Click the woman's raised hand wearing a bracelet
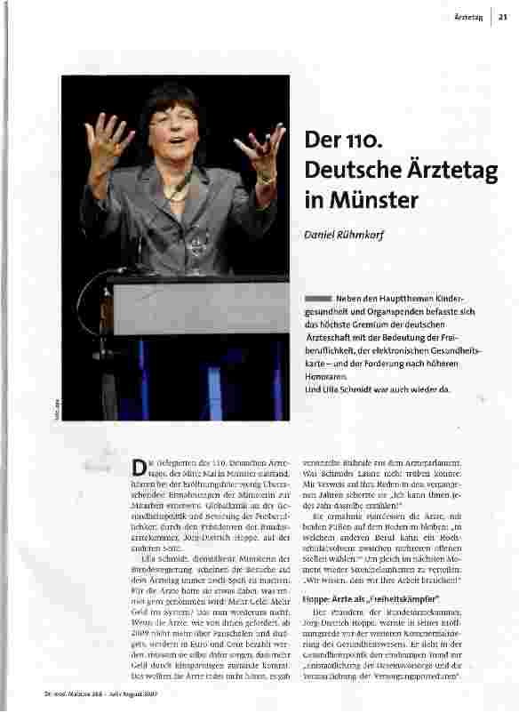click(x=259, y=151)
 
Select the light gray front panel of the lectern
click(x=201, y=308)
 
